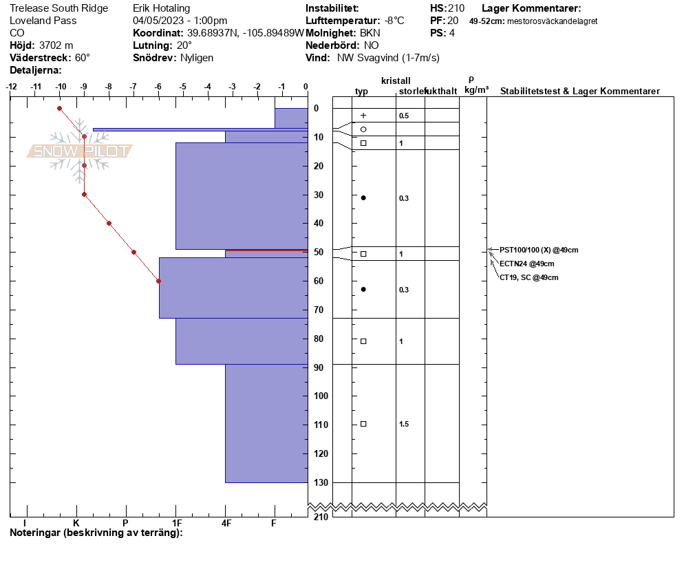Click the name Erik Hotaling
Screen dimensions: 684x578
[x=162, y=8]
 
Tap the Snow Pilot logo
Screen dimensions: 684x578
[x=79, y=151]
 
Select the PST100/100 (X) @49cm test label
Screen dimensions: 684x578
[x=539, y=250]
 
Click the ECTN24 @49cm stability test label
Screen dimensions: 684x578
[x=527, y=264]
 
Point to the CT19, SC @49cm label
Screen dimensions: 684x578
[x=528, y=277]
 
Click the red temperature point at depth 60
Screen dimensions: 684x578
[x=159, y=281]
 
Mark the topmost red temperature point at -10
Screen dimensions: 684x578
[x=60, y=108]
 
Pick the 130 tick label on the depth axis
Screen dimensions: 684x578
[x=321, y=482]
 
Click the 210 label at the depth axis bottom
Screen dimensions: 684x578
[x=321, y=517]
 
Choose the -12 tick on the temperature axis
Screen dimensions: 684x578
[x=11, y=87]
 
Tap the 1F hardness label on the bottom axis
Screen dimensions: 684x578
[x=177, y=523]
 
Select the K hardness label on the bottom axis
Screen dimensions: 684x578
[x=76, y=523]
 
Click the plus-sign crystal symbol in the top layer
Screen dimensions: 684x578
[x=363, y=116]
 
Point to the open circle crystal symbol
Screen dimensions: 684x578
[x=363, y=129]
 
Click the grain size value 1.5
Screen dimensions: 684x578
[x=404, y=424]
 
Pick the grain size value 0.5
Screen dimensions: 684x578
[x=404, y=116]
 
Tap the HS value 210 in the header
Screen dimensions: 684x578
[x=456, y=8]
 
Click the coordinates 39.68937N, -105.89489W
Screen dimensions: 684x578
[x=246, y=33]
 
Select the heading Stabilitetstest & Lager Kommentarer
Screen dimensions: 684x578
[x=579, y=91]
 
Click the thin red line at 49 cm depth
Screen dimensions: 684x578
[x=266, y=250]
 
